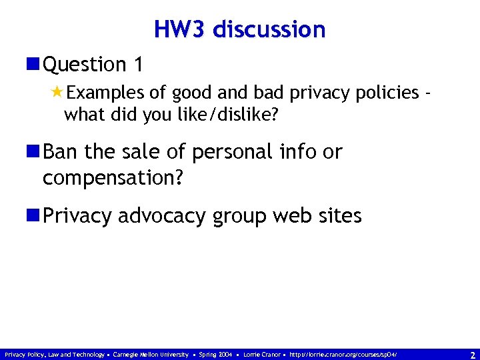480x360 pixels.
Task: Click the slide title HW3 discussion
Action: (x=239, y=29)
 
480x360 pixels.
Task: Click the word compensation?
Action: (x=113, y=178)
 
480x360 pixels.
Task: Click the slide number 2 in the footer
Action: (x=471, y=355)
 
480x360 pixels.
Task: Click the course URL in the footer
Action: (x=343, y=355)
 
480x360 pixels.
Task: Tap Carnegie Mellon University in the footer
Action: (x=151, y=355)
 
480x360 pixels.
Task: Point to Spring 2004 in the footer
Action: (x=215, y=355)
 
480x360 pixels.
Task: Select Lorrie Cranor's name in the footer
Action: (x=261, y=355)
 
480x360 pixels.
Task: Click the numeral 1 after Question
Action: (x=137, y=65)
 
